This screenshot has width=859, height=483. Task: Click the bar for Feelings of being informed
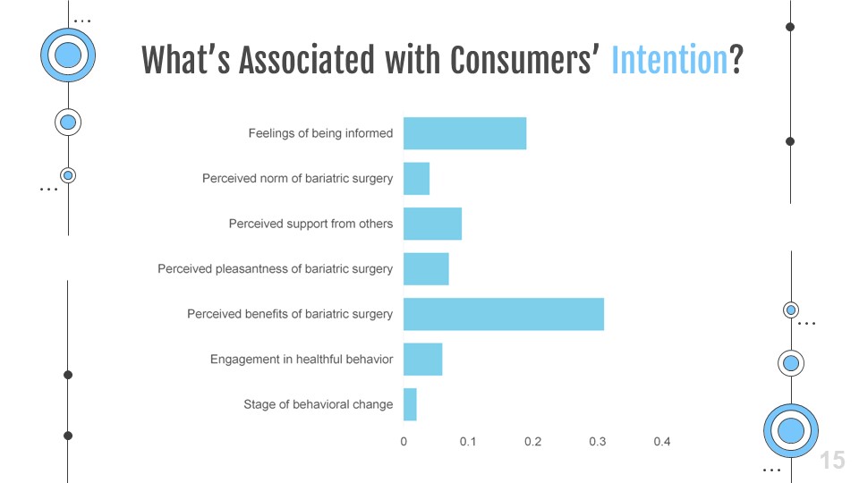click(x=464, y=133)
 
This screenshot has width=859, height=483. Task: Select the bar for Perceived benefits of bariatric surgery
click(x=503, y=314)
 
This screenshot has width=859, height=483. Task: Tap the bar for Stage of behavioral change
click(x=410, y=404)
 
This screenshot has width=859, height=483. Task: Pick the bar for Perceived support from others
click(x=432, y=224)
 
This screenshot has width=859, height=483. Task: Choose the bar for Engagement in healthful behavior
click(x=422, y=359)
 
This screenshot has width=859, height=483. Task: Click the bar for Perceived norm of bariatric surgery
click(x=416, y=178)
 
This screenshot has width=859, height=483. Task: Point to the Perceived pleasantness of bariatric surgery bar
click(x=426, y=268)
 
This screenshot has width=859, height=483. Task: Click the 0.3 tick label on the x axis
click(x=597, y=441)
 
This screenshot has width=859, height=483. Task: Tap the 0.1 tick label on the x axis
click(x=467, y=441)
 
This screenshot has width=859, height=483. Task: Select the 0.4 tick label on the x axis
click(x=661, y=441)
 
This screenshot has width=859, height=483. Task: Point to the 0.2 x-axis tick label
click(x=532, y=441)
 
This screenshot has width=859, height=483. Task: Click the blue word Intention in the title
click(x=669, y=61)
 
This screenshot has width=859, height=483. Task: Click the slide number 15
click(x=832, y=460)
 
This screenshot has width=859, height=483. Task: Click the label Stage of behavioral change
click(x=318, y=404)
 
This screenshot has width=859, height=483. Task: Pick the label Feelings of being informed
click(x=320, y=133)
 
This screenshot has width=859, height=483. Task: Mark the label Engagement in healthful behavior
click(x=302, y=359)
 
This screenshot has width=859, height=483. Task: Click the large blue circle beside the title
click(x=68, y=55)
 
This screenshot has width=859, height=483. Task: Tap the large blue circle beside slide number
click(x=790, y=431)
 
